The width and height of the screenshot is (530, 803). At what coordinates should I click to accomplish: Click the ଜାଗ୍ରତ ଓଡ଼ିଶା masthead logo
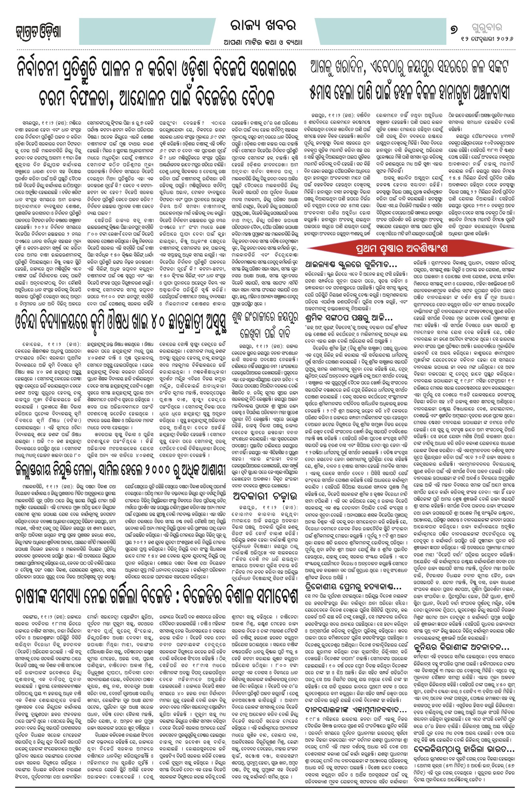pos(38,33)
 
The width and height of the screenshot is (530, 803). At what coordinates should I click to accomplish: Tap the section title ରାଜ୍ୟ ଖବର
pos(263,26)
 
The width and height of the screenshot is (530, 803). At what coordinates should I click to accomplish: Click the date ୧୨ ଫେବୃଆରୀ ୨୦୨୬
pos(487,39)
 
